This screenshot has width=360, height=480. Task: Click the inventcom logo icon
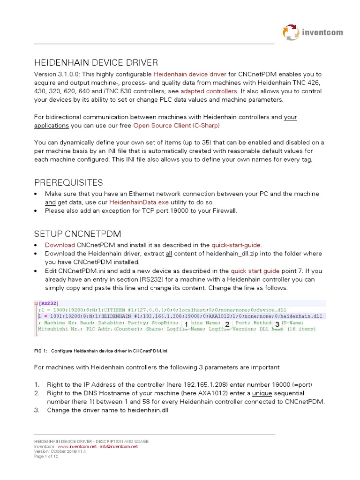[x=291, y=32]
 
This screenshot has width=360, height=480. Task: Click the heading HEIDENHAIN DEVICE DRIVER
[x=96, y=63]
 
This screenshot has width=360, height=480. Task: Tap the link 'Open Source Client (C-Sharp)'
[x=176, y=125]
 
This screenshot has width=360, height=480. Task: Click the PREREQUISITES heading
[x=68, y=182]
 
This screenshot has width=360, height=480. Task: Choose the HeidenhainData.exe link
[x=139, y=202]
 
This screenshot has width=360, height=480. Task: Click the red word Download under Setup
[x=60, y=245]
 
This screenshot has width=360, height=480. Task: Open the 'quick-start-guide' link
[x=236, y=245]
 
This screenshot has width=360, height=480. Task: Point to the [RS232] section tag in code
[x=49, y=303]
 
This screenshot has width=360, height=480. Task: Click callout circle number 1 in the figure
[x=186, y=324]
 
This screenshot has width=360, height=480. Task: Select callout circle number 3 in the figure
[x=277, y=324]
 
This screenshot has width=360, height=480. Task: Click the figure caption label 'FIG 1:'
[x=41, y=350]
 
